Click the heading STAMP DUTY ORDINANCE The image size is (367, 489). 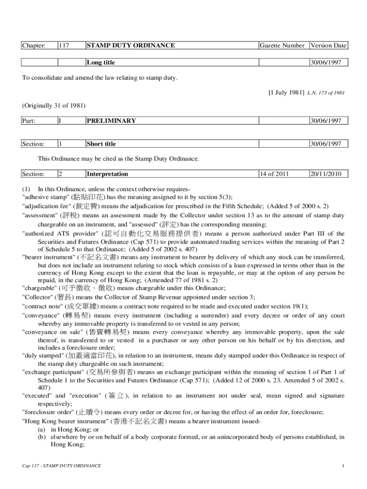(131, 46)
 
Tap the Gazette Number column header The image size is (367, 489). (282, 46)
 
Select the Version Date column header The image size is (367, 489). (328, 46)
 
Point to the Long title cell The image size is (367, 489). (101, 63)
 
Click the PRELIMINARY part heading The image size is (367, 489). (112, 121)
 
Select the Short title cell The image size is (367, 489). (101, 144)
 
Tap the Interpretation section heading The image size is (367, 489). (107, 174)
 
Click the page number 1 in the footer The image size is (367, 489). (343, 466)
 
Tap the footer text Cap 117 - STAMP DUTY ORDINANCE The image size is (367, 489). (62, 466)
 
